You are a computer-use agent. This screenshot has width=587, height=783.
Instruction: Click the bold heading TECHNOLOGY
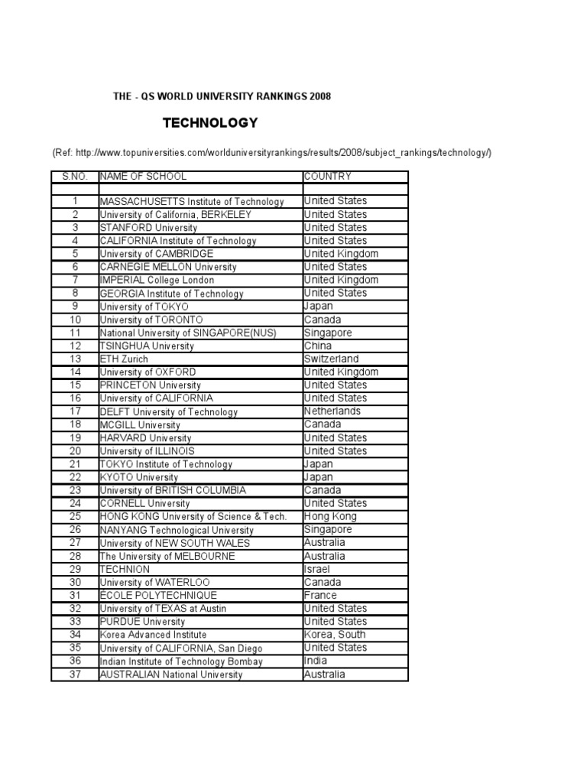pyautogui.click(x=210, y=123)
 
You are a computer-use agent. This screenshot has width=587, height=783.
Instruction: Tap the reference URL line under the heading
pyautogui.click(x=271, y=153)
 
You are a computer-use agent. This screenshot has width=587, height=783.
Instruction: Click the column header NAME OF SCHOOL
pyautogui.click(x=143, y=177)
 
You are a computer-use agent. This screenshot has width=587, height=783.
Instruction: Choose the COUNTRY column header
pyautogui.click(x=328, y=177)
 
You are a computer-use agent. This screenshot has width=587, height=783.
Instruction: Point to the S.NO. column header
pyautogui.click(x=75, y=177)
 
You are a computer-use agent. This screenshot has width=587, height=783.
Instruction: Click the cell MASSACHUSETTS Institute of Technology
pyautogui.click(x=192, y=202)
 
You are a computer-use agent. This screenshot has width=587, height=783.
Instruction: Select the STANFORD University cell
pyautogui.click(x=148, y=228)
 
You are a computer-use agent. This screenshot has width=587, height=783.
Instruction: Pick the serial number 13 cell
pyautogui.click(x=75, y=359)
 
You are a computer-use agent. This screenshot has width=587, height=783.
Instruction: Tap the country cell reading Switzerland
pyautogui.click(x=331, y=359)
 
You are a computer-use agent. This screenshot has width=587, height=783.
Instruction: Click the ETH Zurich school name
pyautogui.click(x=124, y=359)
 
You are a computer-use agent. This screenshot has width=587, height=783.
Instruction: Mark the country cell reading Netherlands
pyautogui.click(x=332, y=411)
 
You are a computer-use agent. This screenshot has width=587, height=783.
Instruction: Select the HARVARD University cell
pyautogui.click(x=145, y=438)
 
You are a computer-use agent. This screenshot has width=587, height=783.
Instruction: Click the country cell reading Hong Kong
pyautogui.click(x=330, y=516)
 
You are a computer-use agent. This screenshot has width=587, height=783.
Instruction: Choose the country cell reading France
pyautogui.click(x=319, y=595)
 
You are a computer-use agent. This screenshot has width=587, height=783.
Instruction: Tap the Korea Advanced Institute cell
pyautogui.click(x=153, y=635)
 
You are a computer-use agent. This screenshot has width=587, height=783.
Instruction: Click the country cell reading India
pyautogui.click(x=316, y=661)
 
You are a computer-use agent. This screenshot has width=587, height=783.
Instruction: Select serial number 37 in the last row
pyautogui.click(x=75, y=674)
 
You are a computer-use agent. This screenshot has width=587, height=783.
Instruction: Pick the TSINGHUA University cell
pyautogui.click(x=147, y=346)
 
